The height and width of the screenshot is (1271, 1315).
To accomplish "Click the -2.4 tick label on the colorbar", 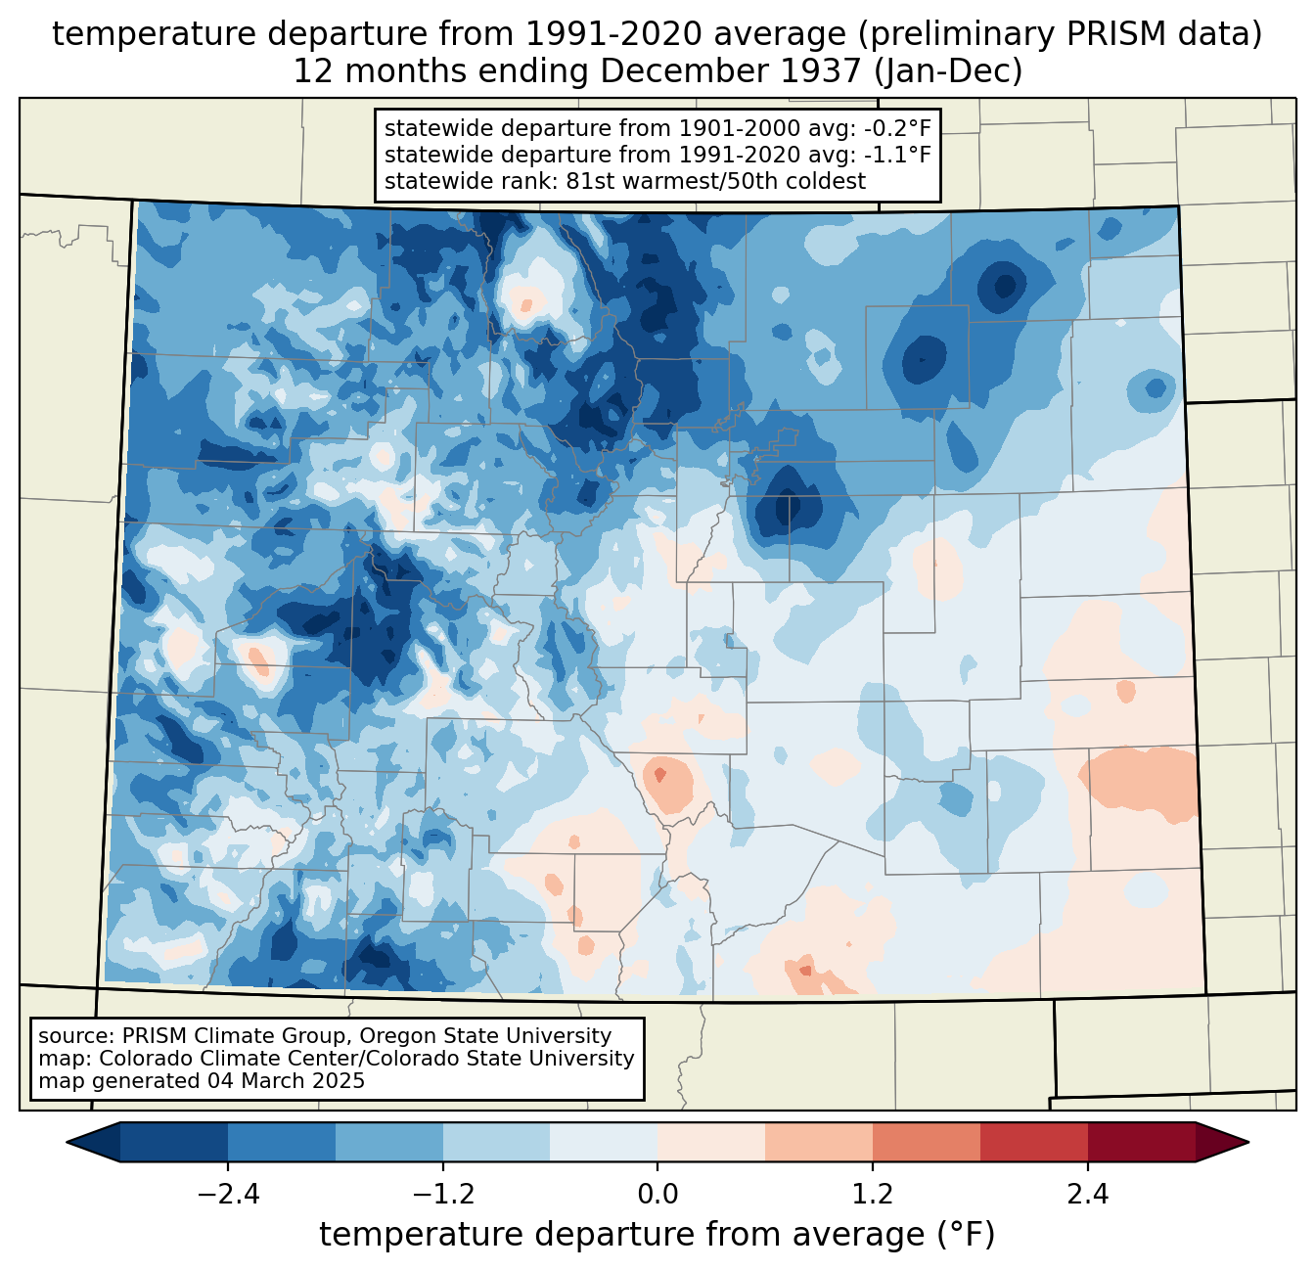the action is (x=228, y=1194).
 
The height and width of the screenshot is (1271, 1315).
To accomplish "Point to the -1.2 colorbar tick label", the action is (x=443, y=1194).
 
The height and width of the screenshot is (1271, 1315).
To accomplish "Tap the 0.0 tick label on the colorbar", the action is (x=657, y=1194).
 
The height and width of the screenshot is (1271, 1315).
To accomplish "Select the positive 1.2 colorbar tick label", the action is (x=873, y=1194).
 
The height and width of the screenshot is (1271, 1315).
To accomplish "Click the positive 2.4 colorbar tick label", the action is (x=1087, y=1194).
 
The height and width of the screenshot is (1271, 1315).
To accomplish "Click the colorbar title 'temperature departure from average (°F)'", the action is (x=657, y=1234).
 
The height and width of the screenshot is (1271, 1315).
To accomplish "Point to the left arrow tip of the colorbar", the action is (x=68, y=1143).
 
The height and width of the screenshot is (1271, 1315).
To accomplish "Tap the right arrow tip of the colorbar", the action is (x=1248, y=1143).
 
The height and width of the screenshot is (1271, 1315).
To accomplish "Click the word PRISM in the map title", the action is (x=1108, y=35).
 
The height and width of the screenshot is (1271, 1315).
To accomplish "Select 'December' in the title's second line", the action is (x=685, y=71).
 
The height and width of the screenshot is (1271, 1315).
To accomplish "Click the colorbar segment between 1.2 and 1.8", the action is (x=927, y=1143).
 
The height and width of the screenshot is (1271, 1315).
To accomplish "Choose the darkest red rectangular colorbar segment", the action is (x=1142, y=1143).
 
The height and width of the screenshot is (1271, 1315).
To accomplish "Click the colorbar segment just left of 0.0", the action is (x=604, y=1143).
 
